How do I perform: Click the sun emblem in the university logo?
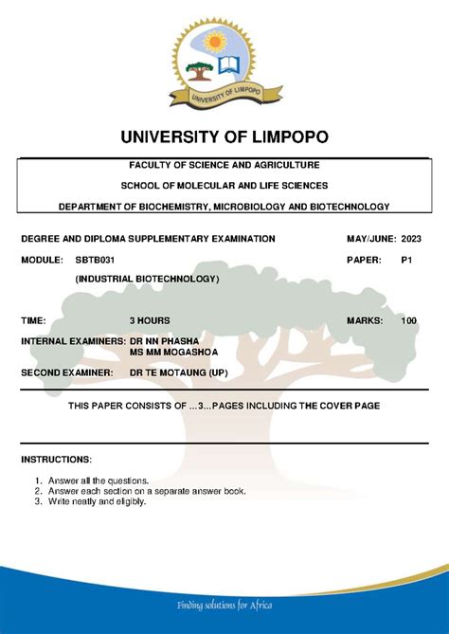pos(217,42)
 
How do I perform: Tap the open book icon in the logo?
pos(229,66)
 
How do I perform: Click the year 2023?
pos(413,239)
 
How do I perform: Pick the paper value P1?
pos(407,259)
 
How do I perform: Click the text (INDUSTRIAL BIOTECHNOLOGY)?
pos(147,279)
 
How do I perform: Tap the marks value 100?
pos(408,321)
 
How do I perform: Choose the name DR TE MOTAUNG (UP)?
pos(178,372)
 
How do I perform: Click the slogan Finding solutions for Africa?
pos(224,607)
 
